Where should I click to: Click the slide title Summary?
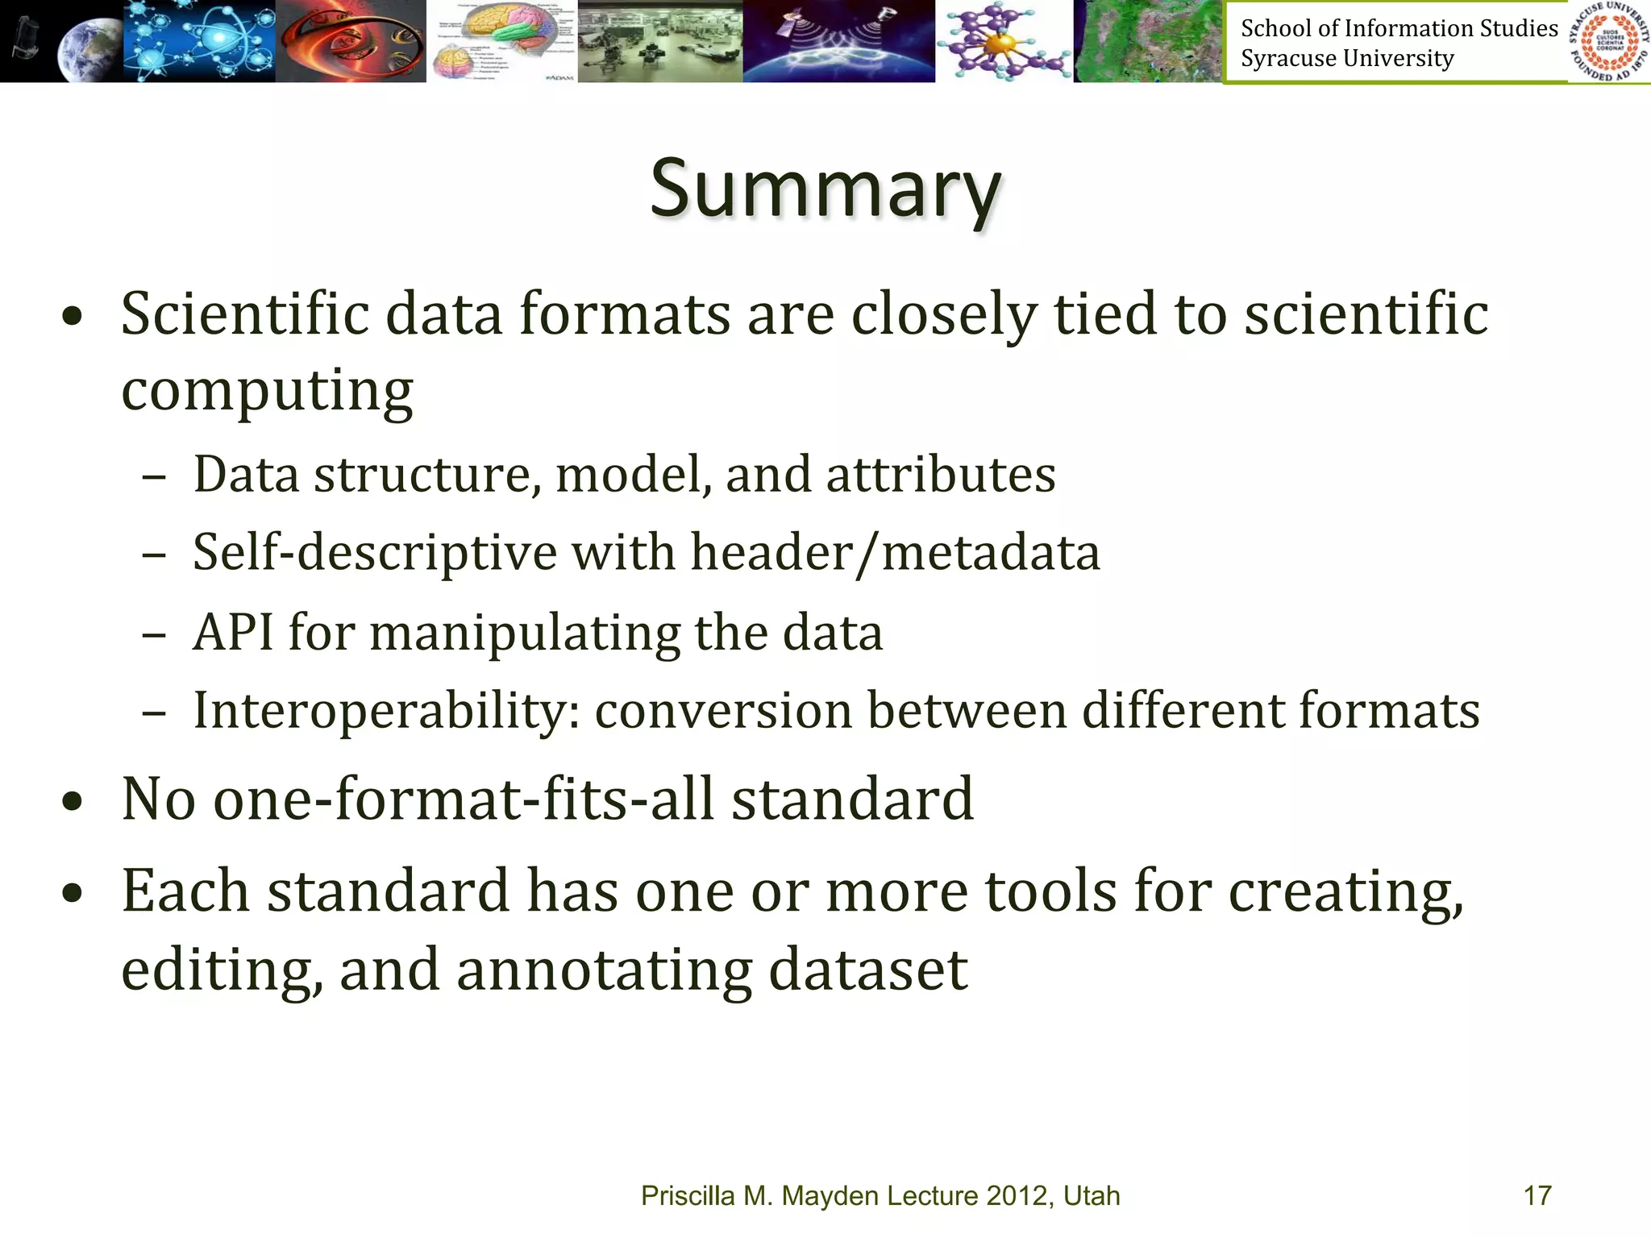pyautogui.click(x=825, y=190)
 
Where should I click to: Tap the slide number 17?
pyautogui.click(x=1537, y=1195)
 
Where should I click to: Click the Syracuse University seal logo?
pyautogui.click(x=1609, y=41)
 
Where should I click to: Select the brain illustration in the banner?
pyautogui.click(x=501, y=40)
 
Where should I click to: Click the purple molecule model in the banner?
pyautogui.click(x=1004, y=40)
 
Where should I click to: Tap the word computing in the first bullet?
pyautogui.click(x=267, y=390)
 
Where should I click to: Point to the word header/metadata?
pyautogui.click(x=895, y=553)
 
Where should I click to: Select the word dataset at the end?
pyautogui.click(x=868, y=970)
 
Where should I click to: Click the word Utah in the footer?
pyautogui.click(x=1092, y=1195)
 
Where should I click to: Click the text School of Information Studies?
pyautogui.click(x=1399, y=28)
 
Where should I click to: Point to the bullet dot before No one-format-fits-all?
pyautogui.click(x=73, y=801)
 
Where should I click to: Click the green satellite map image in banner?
pyautogui.click(x=1149, y=40)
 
